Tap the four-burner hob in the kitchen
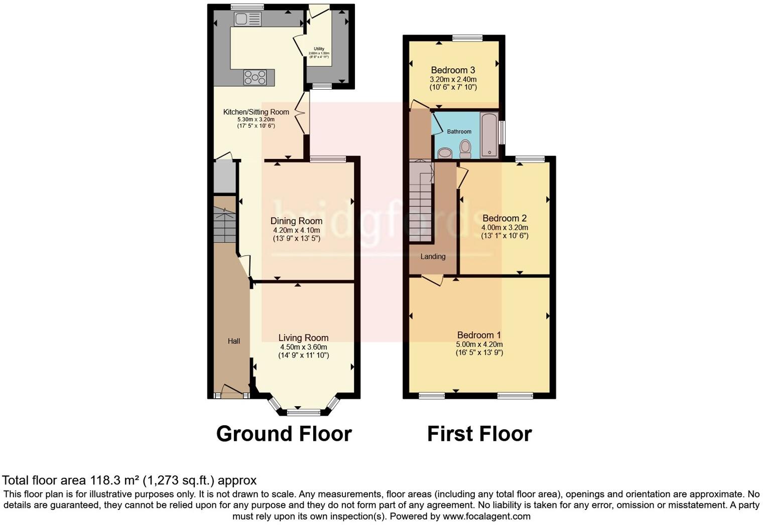pos(255,77)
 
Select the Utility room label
pos(319,49)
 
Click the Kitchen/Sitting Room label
pos(256,112)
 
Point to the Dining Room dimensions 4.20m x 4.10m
pos(296,230)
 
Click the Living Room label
pos(303,338)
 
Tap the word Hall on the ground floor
pos(234,341)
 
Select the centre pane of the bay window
pos(303,413)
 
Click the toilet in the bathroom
pos(465,149)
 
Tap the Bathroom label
pos(459,131)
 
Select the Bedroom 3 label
pos(453,70)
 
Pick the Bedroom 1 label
pos(479,335)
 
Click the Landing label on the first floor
pos(433,256)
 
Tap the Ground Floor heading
pos(284,434)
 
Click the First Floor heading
pos(479,434)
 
